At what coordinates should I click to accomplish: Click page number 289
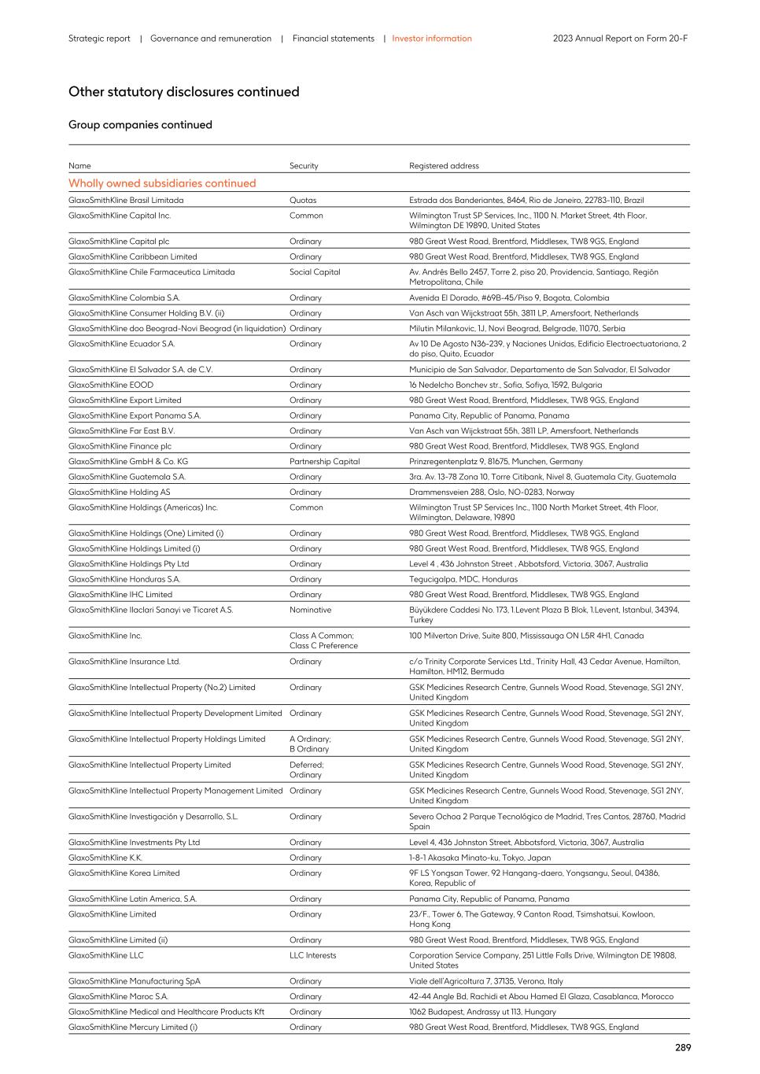coord(682,1047)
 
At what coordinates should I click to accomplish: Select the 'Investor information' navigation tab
coord(432,39)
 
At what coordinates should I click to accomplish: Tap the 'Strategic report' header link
coord(99,39)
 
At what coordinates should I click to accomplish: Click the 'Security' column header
coord(304,166)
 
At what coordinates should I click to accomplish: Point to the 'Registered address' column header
coord(444,166)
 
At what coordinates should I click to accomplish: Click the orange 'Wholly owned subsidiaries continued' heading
coord(162,183)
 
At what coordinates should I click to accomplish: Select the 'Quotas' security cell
coord(302,201)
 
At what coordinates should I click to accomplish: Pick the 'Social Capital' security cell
coord(315,272)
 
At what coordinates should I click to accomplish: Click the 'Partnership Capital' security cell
coord(324,462)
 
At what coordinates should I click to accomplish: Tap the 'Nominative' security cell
coord(310,610)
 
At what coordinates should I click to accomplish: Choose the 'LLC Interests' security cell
coord(312,955)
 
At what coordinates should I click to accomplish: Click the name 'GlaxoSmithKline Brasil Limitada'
coord(126,201)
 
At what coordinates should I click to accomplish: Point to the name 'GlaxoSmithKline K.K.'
coord(105,858)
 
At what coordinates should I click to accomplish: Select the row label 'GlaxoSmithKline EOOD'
coord(111,385)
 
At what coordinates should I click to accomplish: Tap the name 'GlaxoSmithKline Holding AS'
coord(119,493)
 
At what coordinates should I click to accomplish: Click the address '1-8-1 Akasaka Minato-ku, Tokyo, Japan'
coord(480,858)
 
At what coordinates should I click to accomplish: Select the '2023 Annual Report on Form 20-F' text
coord(620,39)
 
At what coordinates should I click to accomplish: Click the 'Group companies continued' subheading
coord(140,125)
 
